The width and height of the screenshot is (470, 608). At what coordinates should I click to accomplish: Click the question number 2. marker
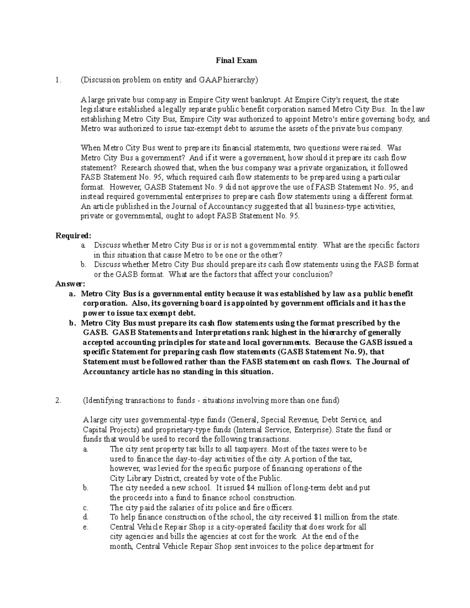tap(59, 401)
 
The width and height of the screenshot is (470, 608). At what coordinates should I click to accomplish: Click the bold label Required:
tap(73, 236)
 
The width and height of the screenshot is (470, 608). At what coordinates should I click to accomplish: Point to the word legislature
tap(98, 110)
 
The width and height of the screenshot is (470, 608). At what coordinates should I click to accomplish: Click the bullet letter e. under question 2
tap(86, 527)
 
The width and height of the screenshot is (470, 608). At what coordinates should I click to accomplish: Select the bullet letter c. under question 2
tap(86, 508)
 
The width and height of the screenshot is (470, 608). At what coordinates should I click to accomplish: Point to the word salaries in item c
tap(183, 508)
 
